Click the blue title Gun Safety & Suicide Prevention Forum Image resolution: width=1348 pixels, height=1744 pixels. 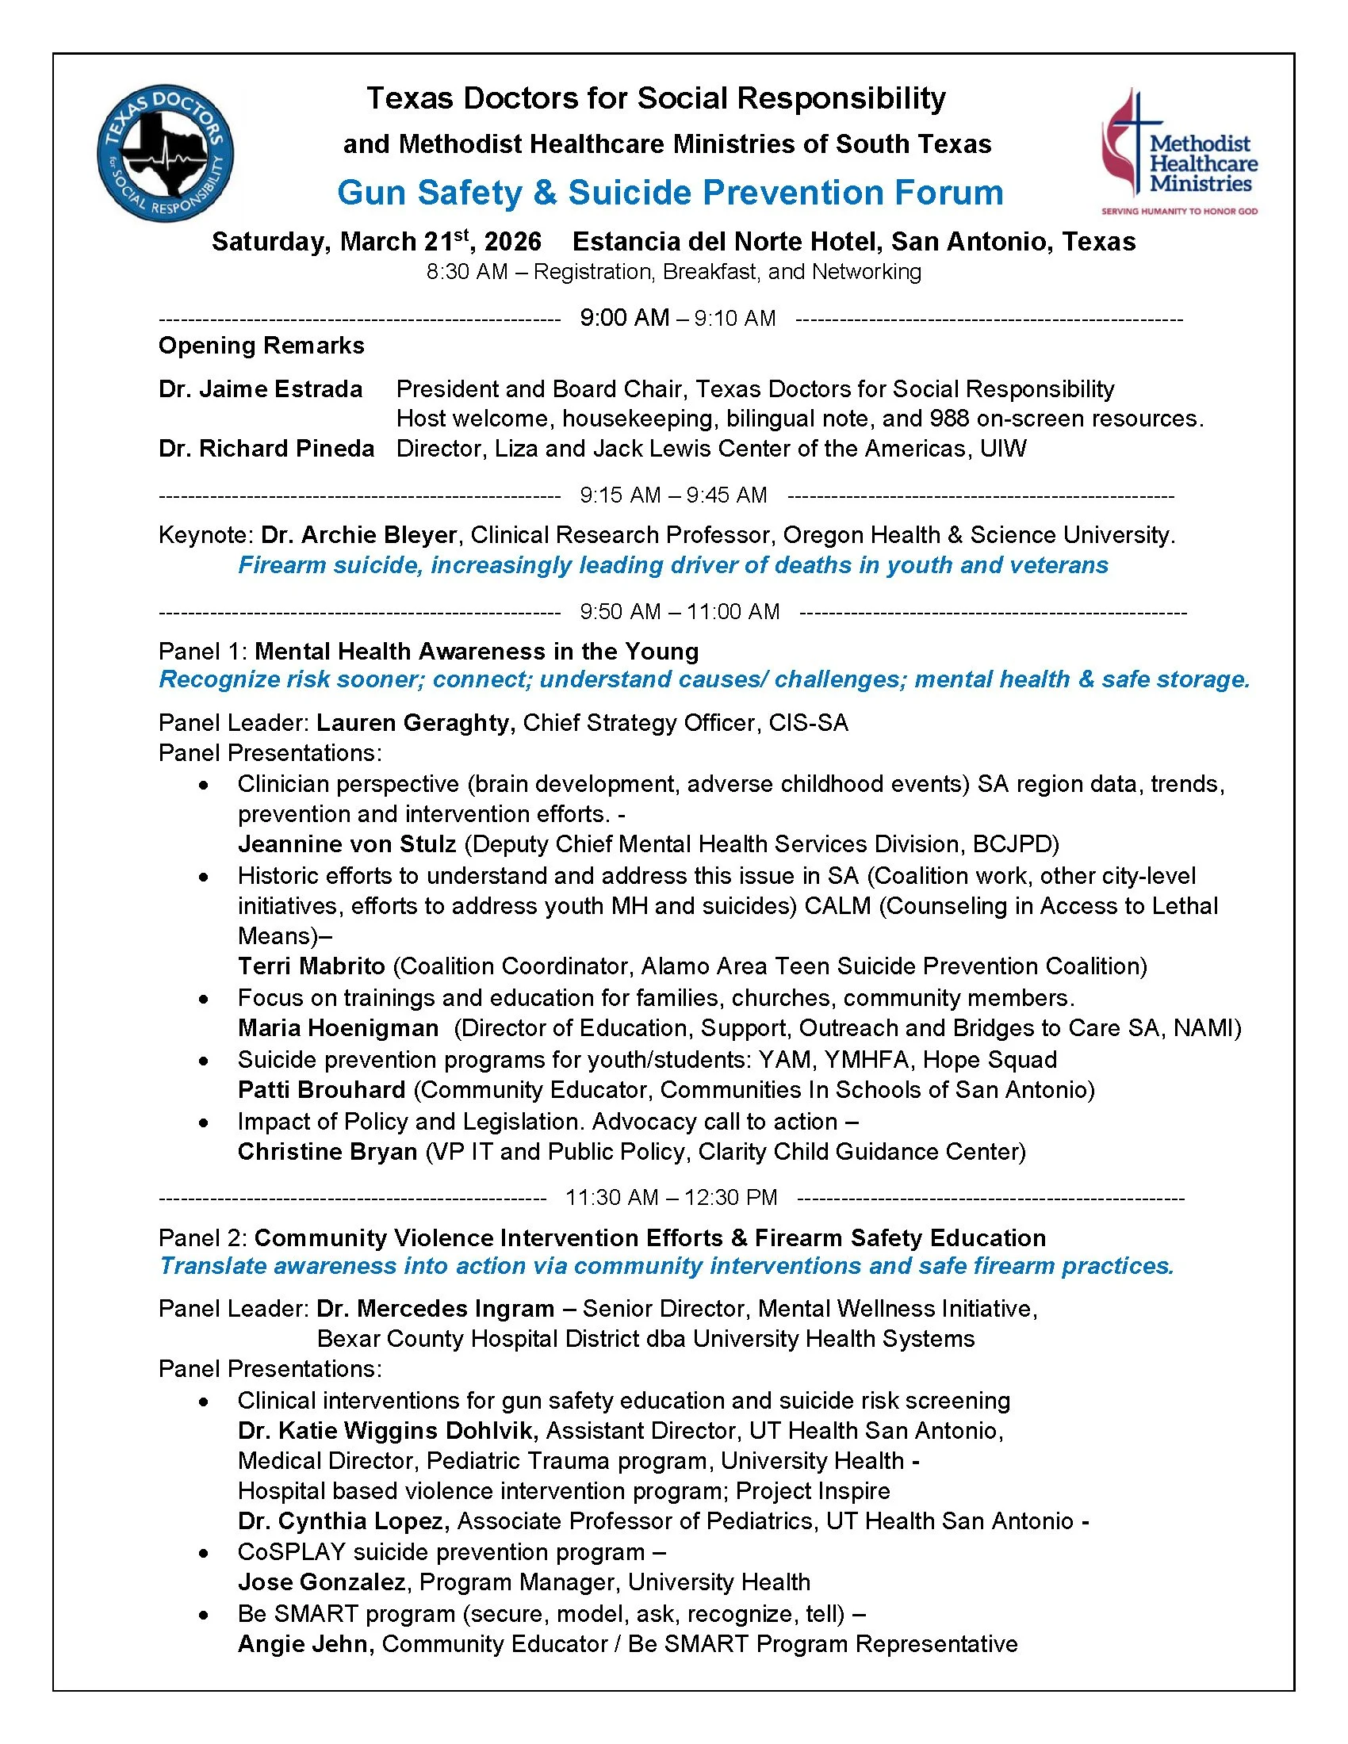point(670,193)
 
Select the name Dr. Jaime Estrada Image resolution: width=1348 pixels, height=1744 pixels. point(260,389)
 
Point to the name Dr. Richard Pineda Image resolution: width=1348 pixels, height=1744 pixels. point(266,449)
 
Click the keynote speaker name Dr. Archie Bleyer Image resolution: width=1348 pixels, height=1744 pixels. point(358,534)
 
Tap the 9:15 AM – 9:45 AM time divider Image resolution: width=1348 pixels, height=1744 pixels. point(673,495)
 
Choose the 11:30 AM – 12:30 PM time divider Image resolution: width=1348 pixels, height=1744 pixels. point(671,1197)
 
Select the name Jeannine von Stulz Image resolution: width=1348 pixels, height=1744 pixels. point(347,844)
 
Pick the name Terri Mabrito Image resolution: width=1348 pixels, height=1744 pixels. point(312,966)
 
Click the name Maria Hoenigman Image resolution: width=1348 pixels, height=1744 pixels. point(338,1027)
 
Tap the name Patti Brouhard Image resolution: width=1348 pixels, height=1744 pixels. point(322,1090)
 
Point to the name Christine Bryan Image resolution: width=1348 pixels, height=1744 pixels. point(327,1152)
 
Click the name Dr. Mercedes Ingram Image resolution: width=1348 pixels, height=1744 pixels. point(435,1309)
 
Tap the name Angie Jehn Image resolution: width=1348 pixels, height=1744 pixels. point(306,1644)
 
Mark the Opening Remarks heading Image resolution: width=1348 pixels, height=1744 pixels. point(261,346)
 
